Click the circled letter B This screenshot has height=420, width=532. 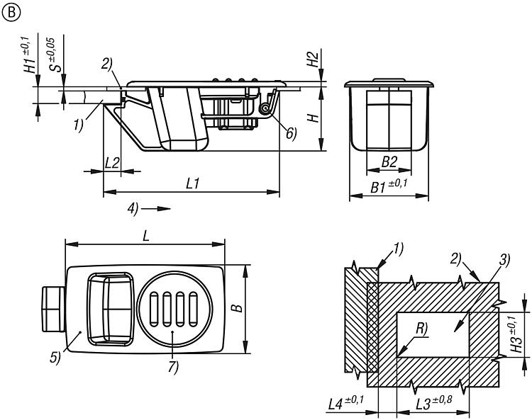pyautogui.click(x=11, y=13)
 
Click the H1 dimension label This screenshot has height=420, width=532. pyautogui.click(x=31, y=55)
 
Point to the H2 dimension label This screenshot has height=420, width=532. pyautogui.click(x=313, y=59)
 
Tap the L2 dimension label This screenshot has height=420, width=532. pyautogui.click(x=112, y=163)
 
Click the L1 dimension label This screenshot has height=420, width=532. pyautogui.click(x=192, y=183)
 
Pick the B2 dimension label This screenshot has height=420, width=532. pyautogui.click(x=389, y=161)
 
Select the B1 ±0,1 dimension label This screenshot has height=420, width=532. pyautogui.click(x=389, y=186)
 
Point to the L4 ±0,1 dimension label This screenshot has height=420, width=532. pyautogui.click(x=345, y=404)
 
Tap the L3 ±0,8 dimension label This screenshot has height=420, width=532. pyautogui.click(x=434, y=403)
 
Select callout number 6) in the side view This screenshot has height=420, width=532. pyautogui.click(x=291, y=134)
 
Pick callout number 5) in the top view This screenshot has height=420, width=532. pyautogui.click(x=55, y=358)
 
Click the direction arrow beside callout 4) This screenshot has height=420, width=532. pyautogui.click(x=156, y=209)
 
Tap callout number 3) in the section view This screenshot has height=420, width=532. pyautogui.click(x=504, y=261)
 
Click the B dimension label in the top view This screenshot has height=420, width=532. pyautogui.click(x=238, y=307)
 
